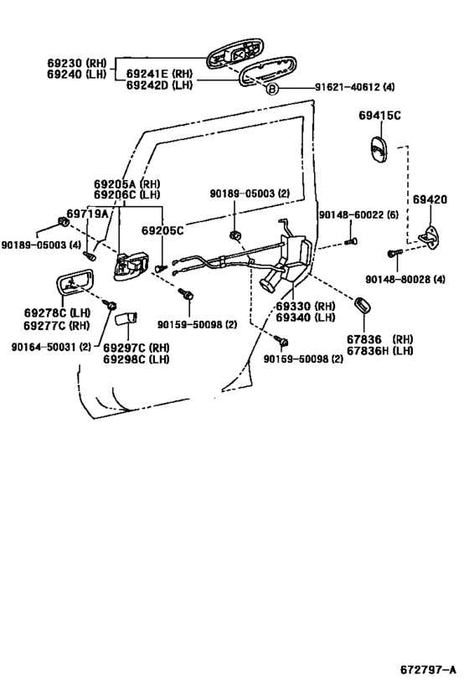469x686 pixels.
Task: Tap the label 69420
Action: (x=430, y=200)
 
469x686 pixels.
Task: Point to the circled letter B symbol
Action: (x=271, y=88)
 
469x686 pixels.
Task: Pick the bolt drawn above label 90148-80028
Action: (x=394, y=253)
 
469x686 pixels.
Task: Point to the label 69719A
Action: (x=88, y=214)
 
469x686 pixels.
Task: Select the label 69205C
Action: (x=162, y=229)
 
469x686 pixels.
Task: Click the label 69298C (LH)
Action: (x=137, y=358)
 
